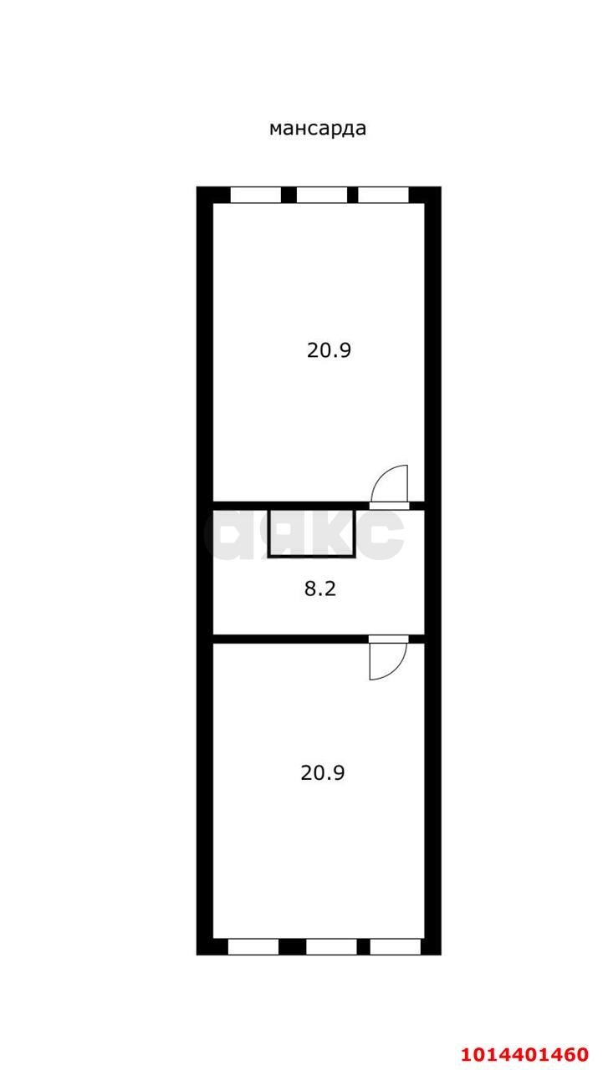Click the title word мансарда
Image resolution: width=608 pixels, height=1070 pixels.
tap(317, 128)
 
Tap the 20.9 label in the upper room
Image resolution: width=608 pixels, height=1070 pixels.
tap(329, 350)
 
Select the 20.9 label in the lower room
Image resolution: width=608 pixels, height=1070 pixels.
tap(323, 773)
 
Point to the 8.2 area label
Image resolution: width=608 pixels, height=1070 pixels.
tap(319, 588)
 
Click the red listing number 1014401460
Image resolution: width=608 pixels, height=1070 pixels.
tap(524, 1053)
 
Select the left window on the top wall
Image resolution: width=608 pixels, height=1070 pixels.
tap(255, 195)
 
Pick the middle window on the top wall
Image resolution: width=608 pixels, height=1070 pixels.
tap(322, 195)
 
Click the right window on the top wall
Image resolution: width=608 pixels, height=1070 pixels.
tap(383, 195)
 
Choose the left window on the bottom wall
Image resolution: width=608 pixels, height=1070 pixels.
tap(253, 946)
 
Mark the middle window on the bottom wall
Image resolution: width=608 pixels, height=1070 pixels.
tap(331, 946)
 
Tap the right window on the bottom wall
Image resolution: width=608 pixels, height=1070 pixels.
tap(395, 946)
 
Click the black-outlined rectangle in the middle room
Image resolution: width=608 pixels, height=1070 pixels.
tap(312, 532)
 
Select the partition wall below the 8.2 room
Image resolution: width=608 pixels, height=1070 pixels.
tap(289, 639)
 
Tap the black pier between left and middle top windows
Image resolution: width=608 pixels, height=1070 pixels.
tap(289, 195)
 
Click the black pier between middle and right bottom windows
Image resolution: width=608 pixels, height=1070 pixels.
tap(363, 946)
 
